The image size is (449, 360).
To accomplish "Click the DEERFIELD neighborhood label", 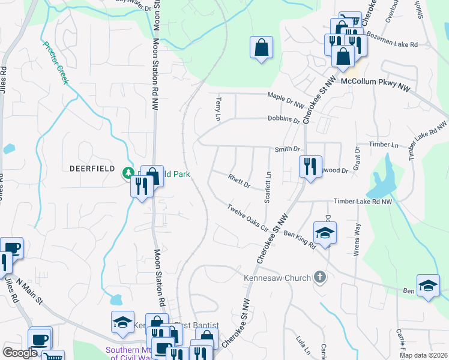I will pos(91,169).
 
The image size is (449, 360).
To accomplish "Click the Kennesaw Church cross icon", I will pos(320,277).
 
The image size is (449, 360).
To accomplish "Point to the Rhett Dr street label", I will pos(239,181).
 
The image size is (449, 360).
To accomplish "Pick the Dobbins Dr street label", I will pos(284,119).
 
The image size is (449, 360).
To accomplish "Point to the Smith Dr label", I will pos(287,149).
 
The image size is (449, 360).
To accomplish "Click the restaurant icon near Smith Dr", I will pos(310,166).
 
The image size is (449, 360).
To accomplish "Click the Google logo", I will pos(20,353).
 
